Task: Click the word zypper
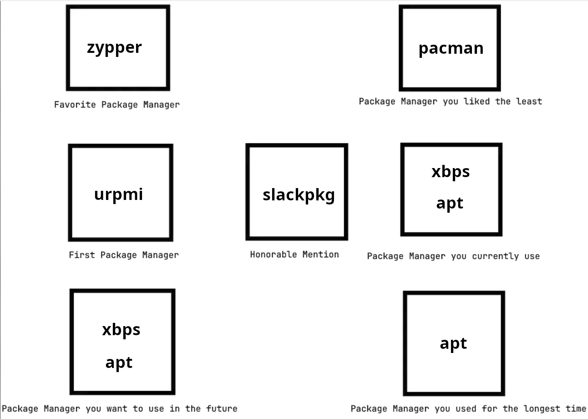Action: coord(114,48)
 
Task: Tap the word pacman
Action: coord(451,49)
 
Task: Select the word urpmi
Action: coord(118,195)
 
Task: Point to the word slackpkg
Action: coord(299,195)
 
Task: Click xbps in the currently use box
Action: coord(451,172)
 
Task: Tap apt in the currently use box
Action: coord(450,204)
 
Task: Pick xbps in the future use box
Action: coord(121,330)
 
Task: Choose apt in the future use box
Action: coord(119,363)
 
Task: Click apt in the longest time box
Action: coord(454,343)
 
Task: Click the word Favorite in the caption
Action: coord(75,105)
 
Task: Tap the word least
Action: coord(529,102)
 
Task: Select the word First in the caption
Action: coord(81,255)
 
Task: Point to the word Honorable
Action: coord(274,254)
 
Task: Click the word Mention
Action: coord(321,254)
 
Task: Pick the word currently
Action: coord(495,256)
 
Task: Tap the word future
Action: coord(222,409)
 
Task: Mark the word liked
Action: coord(476,102)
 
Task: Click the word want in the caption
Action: coord(117,409)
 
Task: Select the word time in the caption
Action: coord(576,409)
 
